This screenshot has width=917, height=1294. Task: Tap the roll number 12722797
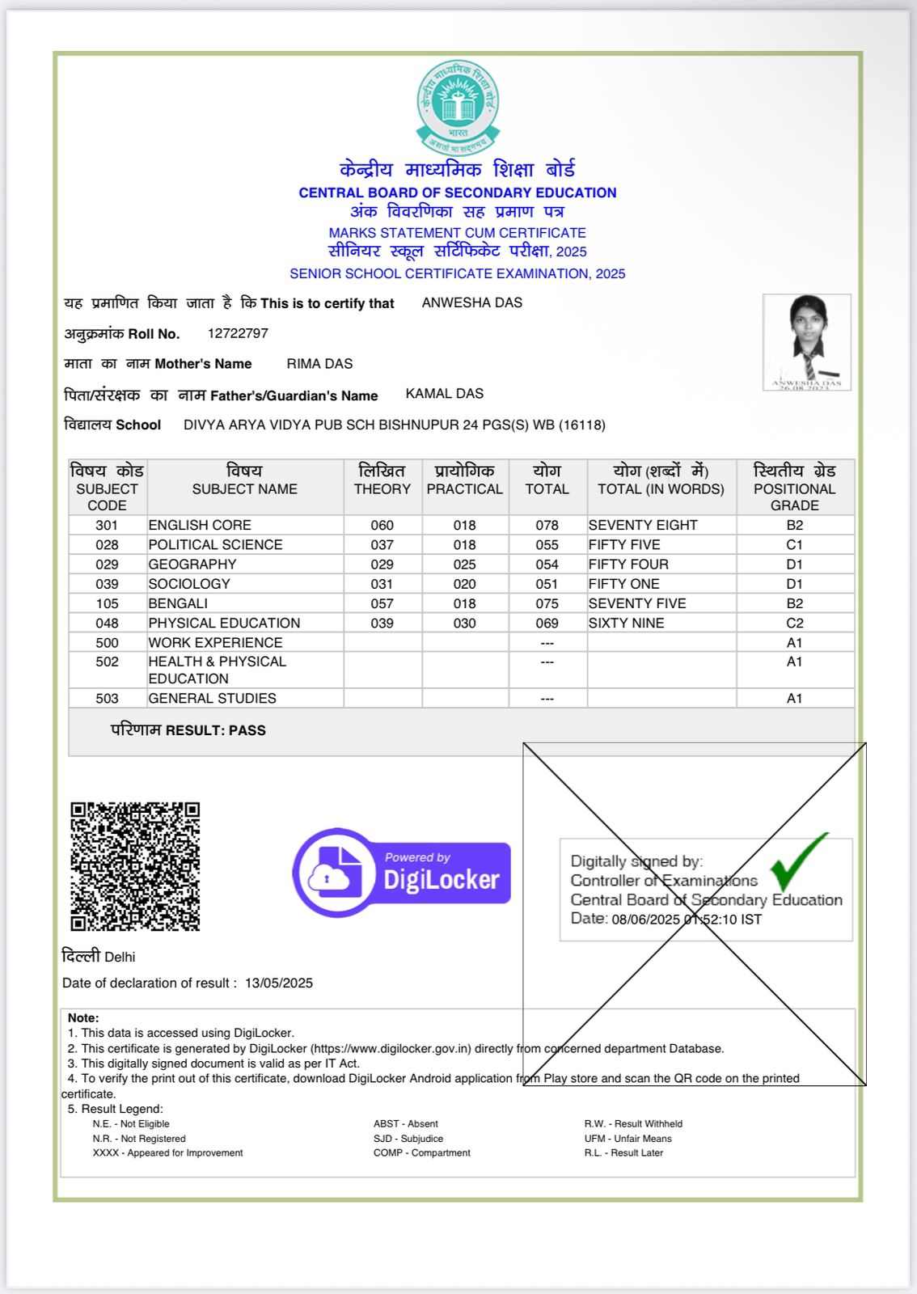tap(238, 333)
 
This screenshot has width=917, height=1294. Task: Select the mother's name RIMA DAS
tap(319, 364)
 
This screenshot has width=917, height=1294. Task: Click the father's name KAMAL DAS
tap(445, 394)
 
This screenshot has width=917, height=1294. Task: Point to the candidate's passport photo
tap(806, 341)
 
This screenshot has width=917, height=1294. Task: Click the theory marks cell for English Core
tap(382, 526)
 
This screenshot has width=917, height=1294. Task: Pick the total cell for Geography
tap(547, 565)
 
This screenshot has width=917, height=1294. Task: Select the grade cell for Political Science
tap(794, 545)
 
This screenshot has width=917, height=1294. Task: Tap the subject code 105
tap(107, 603)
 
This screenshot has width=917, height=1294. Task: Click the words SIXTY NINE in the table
tap(627, 624)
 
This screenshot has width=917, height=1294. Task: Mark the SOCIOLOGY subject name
tap(189, 584)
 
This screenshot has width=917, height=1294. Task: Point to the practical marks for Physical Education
tap(464, 624)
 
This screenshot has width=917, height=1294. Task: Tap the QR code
tap(135, 866)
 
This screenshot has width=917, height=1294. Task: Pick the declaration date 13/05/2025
tap(279, 983)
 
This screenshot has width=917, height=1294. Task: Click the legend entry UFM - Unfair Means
tap(628, 1139)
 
